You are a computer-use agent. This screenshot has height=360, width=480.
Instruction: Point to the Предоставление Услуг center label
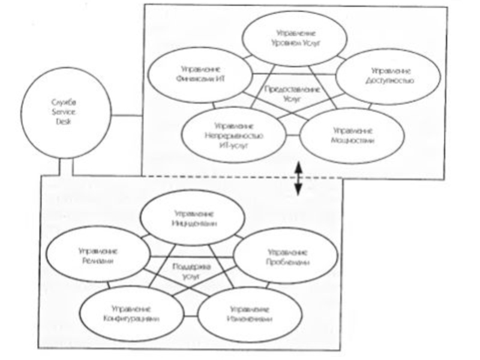click(x=286, y=92)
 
